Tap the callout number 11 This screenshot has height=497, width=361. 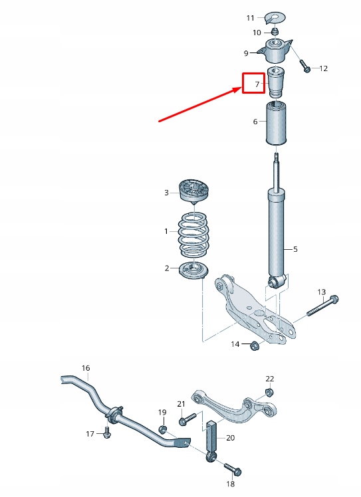251,17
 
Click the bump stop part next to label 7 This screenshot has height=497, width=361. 276,82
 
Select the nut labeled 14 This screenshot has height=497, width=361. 254,345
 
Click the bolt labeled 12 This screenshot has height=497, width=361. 305,67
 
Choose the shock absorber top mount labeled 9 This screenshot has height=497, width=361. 277,50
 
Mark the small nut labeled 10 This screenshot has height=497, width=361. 274,31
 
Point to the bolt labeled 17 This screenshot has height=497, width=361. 106,433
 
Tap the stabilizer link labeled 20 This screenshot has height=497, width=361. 212,438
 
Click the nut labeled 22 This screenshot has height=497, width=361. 269,391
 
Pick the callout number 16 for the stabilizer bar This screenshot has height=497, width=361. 85,367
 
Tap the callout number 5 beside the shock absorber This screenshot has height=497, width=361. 295,249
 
